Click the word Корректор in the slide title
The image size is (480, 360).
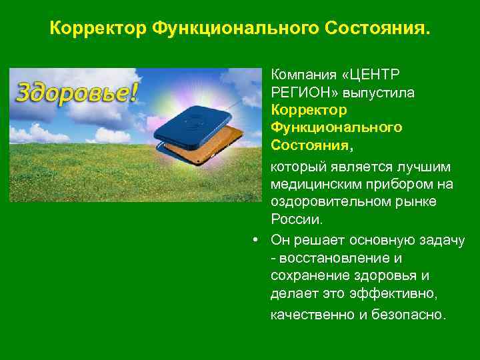click(98, 29)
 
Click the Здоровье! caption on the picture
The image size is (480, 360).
click(77, 91)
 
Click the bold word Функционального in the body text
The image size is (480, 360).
click(336, 127)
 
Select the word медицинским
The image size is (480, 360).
click(314, 184)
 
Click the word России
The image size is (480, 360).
click(297, 219)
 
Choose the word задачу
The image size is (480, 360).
click(441, 240)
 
